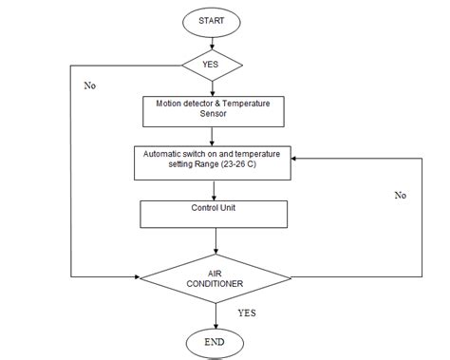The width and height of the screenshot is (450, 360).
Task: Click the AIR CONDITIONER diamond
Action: pyautogui.click(x=215, y=276)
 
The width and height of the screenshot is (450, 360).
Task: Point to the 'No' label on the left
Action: pyautogui.click(x=90, y=85)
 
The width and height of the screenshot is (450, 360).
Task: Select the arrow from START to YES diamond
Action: pyautogui.click(x=212, y=42)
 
